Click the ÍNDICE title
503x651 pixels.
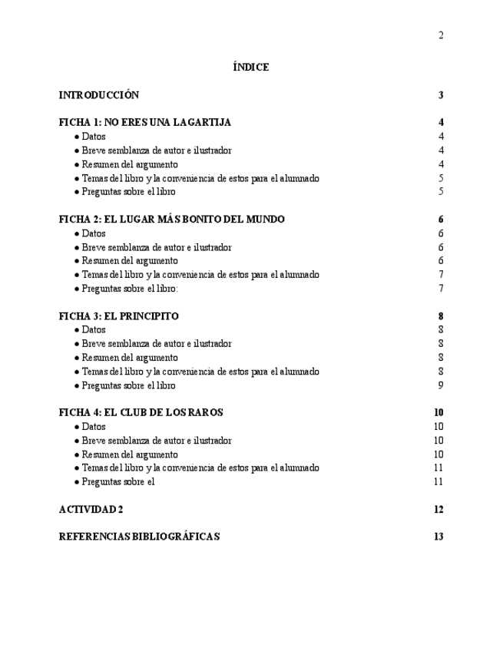250,68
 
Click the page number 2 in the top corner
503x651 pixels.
441,35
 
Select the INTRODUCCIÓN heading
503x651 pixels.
99,95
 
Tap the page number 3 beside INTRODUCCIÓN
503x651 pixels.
441,96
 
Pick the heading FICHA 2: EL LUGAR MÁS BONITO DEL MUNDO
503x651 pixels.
172,220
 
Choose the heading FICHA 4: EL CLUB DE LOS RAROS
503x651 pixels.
141,413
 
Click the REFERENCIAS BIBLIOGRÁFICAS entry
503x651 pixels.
139,537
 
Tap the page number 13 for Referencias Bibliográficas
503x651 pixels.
438,537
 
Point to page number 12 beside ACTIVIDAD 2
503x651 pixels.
438,510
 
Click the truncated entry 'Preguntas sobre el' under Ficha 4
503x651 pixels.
118,482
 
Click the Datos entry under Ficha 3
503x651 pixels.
94,330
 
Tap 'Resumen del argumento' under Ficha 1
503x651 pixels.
130,164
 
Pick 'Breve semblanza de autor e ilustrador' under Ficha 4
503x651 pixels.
157,441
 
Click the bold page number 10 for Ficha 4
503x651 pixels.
438,413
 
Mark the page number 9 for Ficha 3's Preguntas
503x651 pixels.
441,385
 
